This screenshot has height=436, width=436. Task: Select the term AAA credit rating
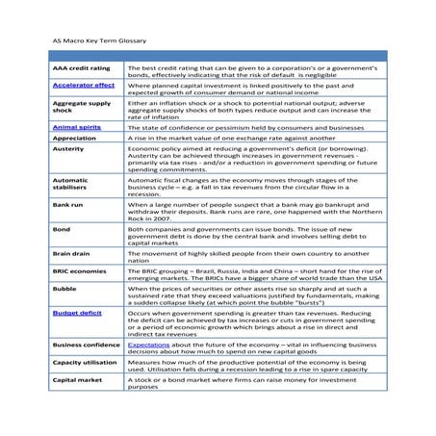(81, 69)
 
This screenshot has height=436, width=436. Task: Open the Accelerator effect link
(83, 86)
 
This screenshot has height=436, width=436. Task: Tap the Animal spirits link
(77, 126)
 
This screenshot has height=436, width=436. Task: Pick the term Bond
(60, 230)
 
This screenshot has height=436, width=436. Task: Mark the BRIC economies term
(79, 271)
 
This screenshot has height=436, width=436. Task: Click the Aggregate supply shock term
(81, 107)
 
